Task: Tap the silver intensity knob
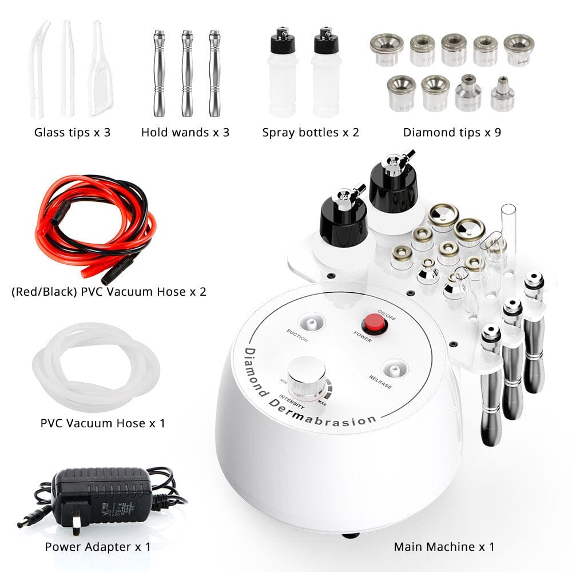click(x=307, y=375)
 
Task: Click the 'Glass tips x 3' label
click(x=72, y=133)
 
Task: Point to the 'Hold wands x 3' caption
click(x=185, y=133)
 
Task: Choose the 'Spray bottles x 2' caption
click(x=311, y=133)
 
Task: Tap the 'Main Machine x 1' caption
click(x=444, y=546)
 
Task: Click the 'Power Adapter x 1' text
click(x=98, y=546)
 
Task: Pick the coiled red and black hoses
click(x=94, y=229)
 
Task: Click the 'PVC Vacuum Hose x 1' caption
click(x=103, y=423)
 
